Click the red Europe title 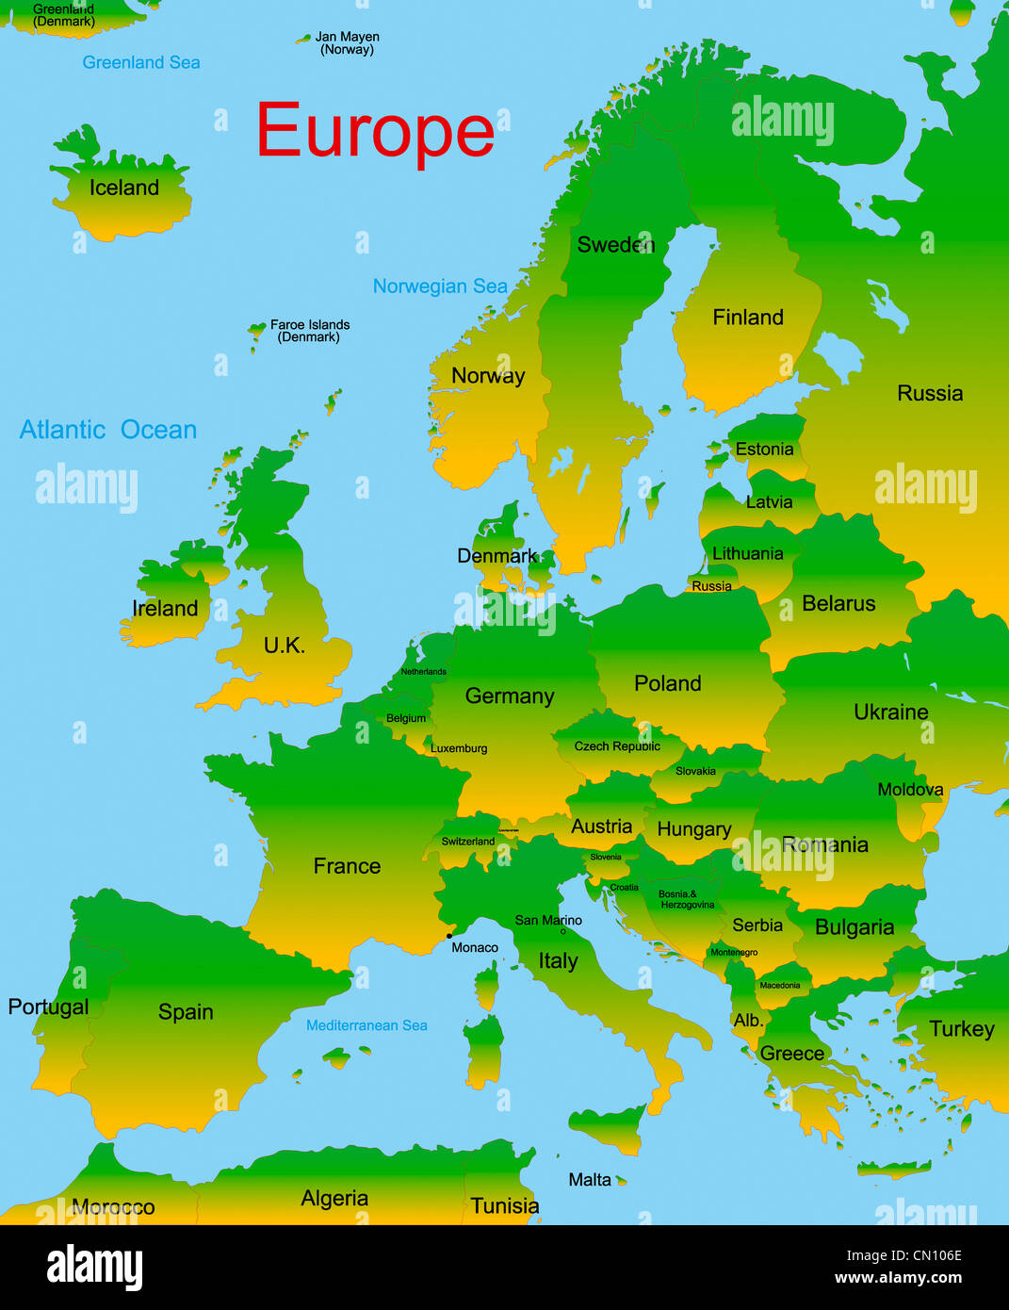[375, 132]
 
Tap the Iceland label [124, 188]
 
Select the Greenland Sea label [141, 62]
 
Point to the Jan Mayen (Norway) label [347, 43]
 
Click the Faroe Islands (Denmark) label [310, 331]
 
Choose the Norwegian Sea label [440, 287]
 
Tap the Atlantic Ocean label [108, 430]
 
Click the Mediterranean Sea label [366, 1025]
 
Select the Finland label [748, 318]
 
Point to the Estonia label [764, 450]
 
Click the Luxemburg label [459, 748]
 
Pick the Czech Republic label [617, 746]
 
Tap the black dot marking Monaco [448, 936]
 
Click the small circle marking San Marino [563, 931]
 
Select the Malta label [590, 1180]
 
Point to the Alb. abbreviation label [748, 1021]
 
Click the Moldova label [910, 790]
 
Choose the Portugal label [48, 1007]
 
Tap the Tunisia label [505, 1206]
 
